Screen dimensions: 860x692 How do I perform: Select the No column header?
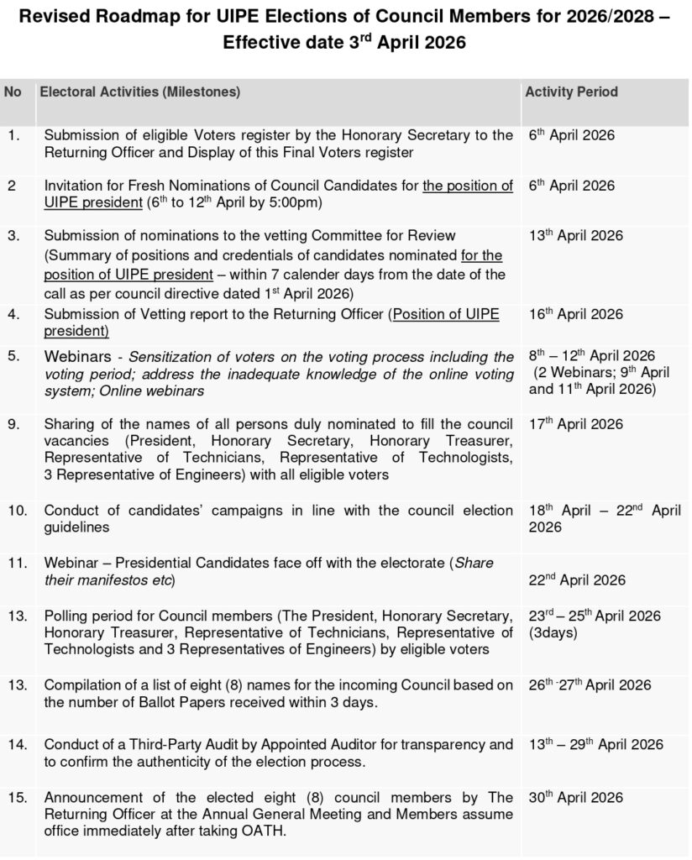pyautogui.click(x=13, y=92)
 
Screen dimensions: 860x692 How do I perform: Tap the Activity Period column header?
pyautogui.click(x=571, y=92)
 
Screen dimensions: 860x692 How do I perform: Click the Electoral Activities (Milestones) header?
pyautogui.click(x=140, y=92)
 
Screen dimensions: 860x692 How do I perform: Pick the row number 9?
pyautogui.click(x=13, y=424)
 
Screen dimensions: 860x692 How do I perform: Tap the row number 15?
pyautogui.click(x=16, y=797)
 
